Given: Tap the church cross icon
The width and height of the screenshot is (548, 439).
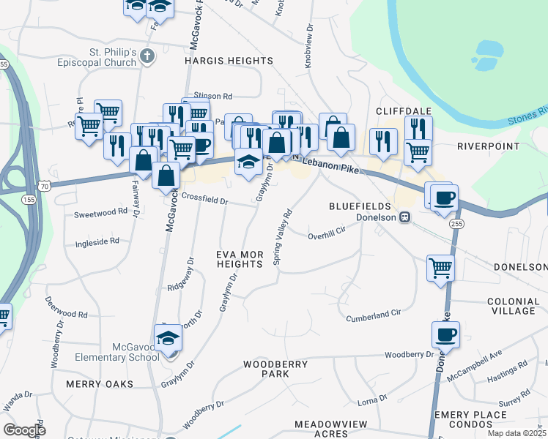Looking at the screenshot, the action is (147, 56).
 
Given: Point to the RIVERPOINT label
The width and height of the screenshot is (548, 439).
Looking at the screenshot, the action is (486, 146).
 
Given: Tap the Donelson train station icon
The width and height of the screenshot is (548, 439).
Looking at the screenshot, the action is (403, 217).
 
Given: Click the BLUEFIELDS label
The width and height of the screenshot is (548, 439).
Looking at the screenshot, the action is (360, 206).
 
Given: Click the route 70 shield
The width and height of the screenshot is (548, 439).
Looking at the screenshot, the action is (45, 187).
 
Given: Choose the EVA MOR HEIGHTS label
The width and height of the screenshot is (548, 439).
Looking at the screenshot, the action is (239, 259).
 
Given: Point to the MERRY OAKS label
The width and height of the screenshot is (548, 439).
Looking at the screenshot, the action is (100, 383).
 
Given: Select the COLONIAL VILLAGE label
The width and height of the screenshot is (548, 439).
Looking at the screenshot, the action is (512, 306).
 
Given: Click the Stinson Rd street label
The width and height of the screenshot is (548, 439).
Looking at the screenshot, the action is (212, 96).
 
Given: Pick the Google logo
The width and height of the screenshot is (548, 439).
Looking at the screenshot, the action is (25, 430).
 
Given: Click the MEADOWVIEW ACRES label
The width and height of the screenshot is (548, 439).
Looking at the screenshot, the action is (325, 429).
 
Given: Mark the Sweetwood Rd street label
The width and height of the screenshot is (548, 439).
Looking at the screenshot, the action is (101, 213).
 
